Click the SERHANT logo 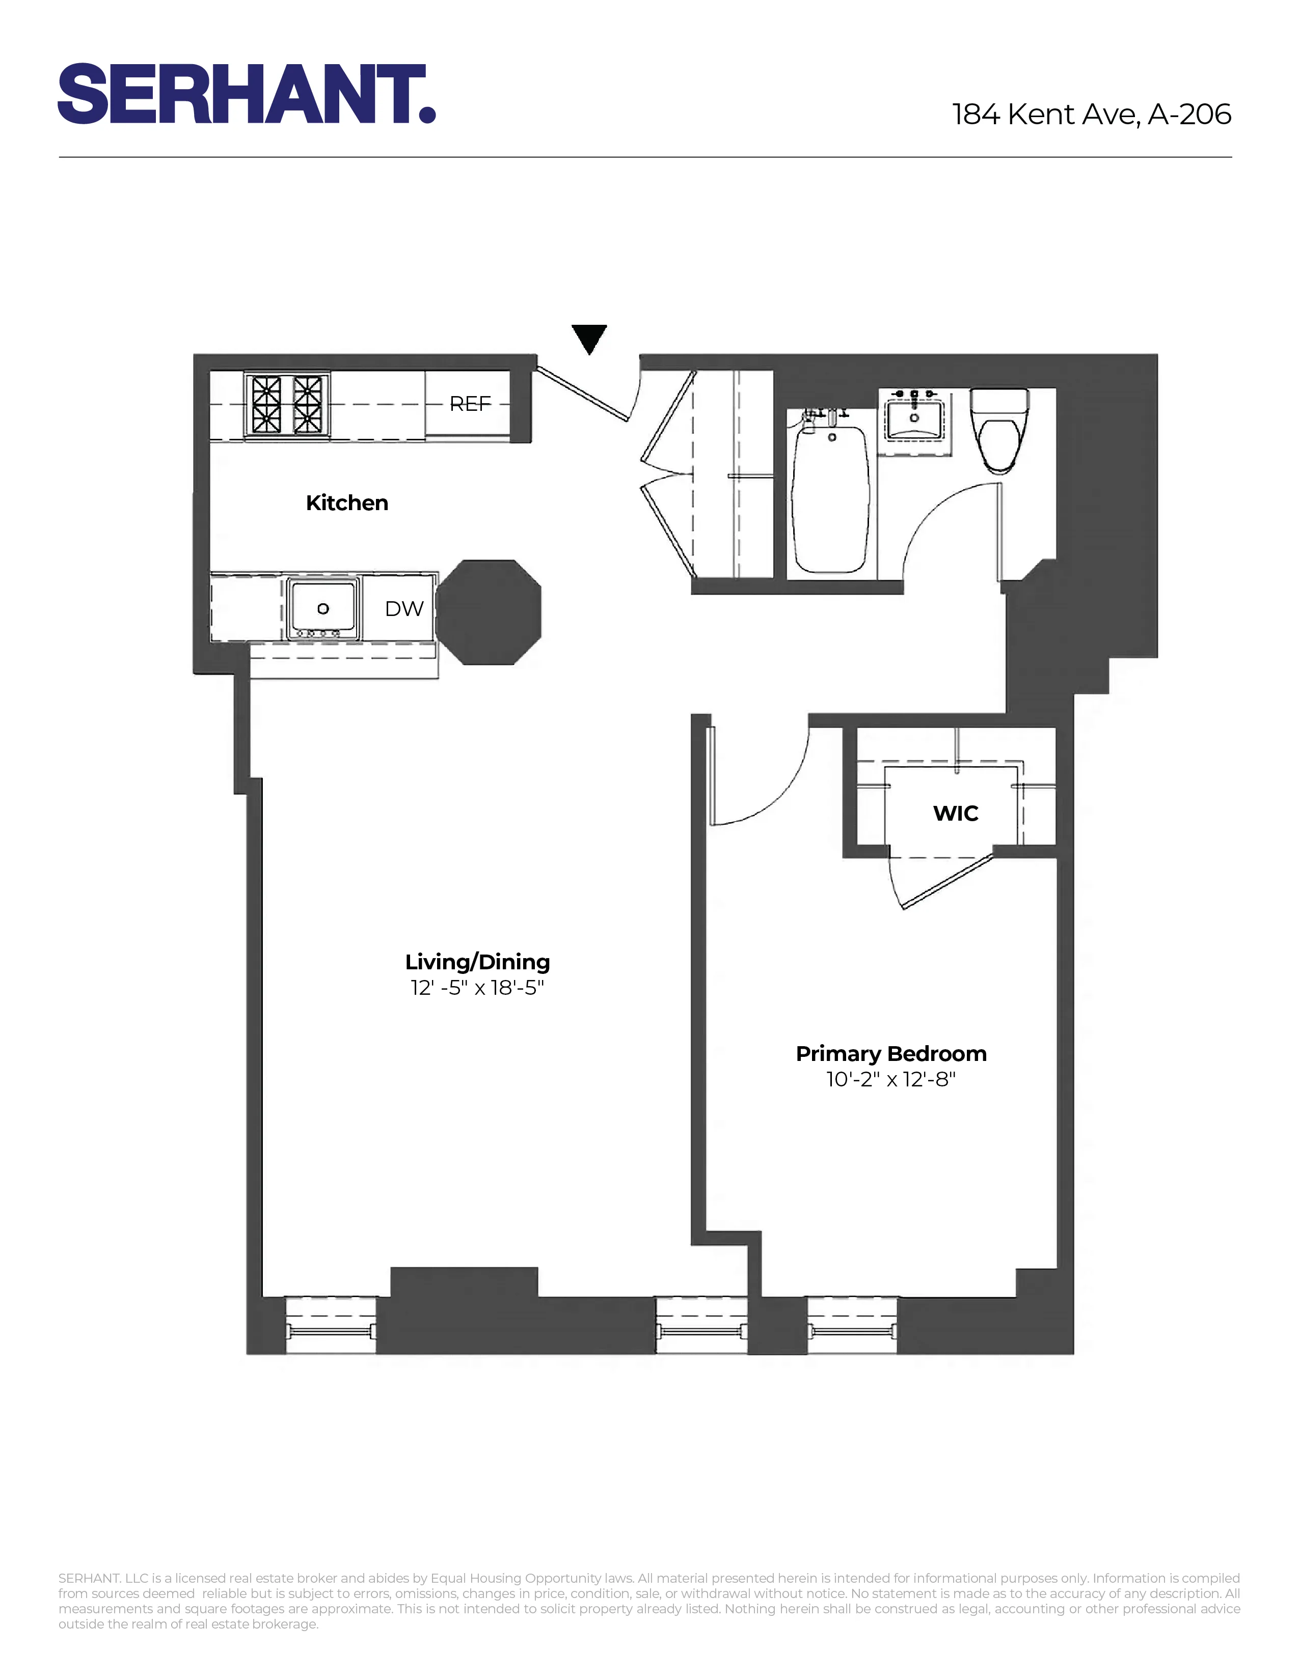[x=246, y=94]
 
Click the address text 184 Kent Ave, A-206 [x=1091, y=115]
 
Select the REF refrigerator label [x=470, y=404]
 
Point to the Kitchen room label [x=347, y=503]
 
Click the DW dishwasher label [x=404, y=609]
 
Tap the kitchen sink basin [x=323, y=608]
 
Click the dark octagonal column [x=489, y=612]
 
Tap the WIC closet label [x=956, y=814]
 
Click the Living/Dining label [x=477, y=962]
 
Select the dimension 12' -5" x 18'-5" [x=477, y=988]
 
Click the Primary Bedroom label [x=891, y=1054]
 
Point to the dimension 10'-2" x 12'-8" [x=891, y=1079]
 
